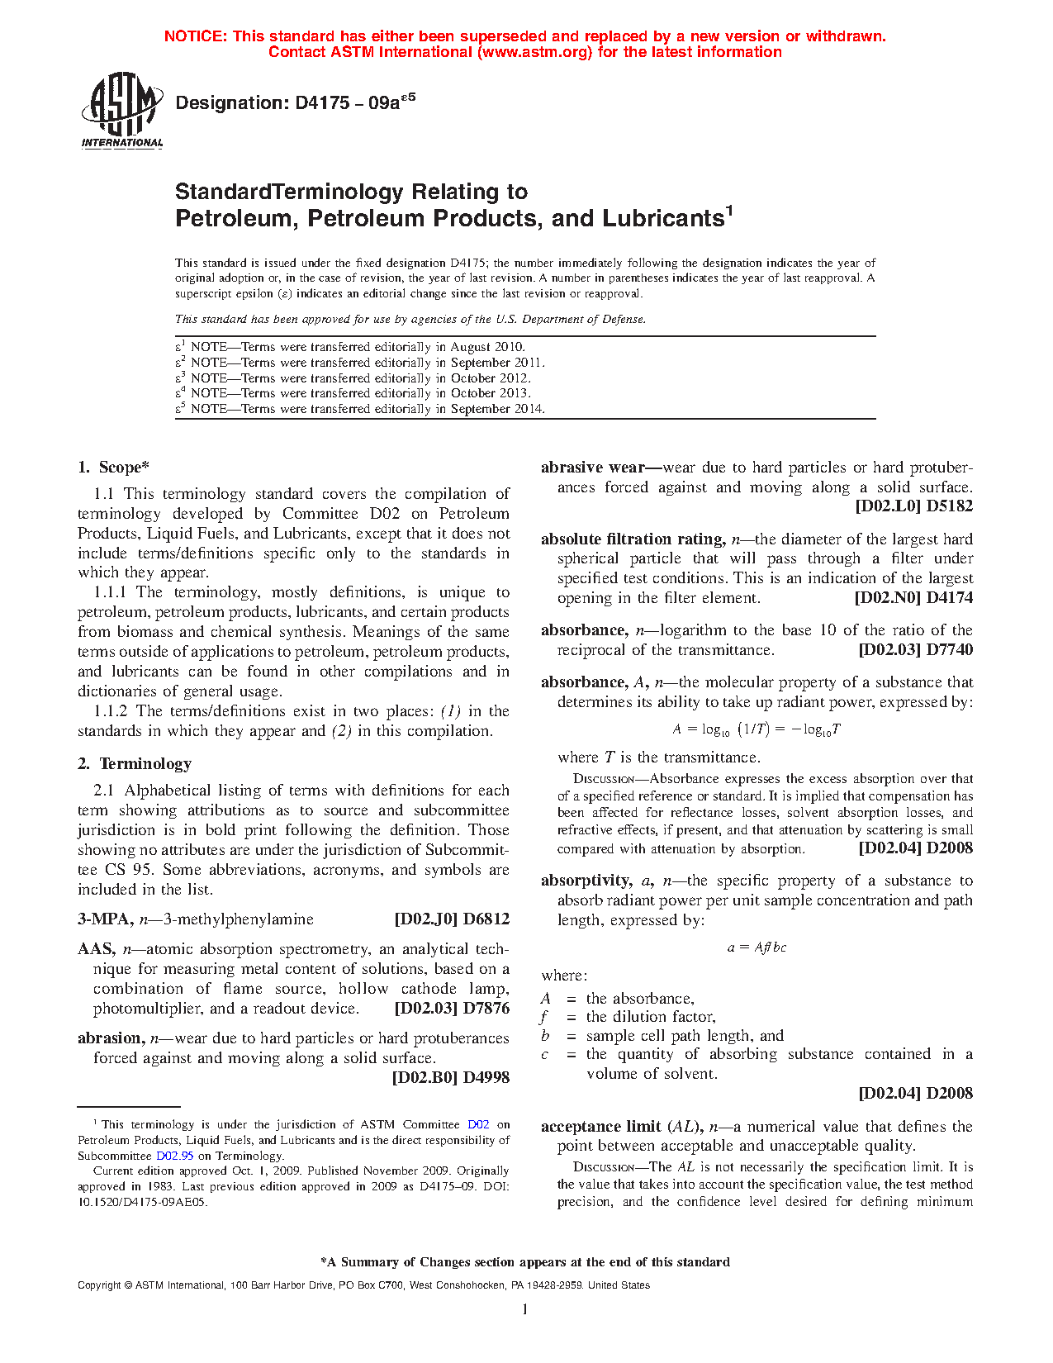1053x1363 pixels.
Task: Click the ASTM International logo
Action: point(122,110)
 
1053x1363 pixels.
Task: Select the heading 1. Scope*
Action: point(113,468)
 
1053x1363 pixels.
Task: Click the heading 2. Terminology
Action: point(135,764)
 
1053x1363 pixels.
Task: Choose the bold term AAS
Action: point(96,949)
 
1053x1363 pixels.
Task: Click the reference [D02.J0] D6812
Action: point(452,919)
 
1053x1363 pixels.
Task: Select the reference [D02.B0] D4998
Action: point(450,1077)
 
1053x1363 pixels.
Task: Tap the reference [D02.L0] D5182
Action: point(913,506)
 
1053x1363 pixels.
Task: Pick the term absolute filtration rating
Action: point(632,539)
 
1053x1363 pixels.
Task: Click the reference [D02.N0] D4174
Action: point(913,598)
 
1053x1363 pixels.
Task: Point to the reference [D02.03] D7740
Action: point(915,650)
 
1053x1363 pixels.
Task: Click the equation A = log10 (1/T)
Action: point(756,729)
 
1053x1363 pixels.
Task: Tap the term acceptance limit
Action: point(600,1127)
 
